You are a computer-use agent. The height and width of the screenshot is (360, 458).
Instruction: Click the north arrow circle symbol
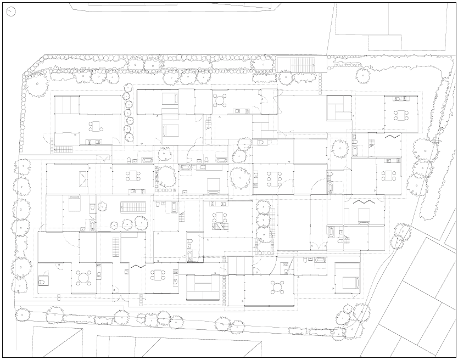11,12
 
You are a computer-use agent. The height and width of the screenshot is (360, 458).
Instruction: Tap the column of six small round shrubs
128,113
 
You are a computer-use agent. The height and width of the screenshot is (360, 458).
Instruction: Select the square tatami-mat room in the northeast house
339,108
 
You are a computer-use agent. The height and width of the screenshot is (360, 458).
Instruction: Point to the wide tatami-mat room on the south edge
203,286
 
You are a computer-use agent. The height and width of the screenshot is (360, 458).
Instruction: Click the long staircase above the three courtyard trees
132,207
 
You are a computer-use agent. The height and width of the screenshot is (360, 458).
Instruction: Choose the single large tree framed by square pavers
165,176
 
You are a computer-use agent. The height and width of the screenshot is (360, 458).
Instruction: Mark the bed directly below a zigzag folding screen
362,215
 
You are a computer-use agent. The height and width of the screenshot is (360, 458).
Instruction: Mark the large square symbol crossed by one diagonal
82,178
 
